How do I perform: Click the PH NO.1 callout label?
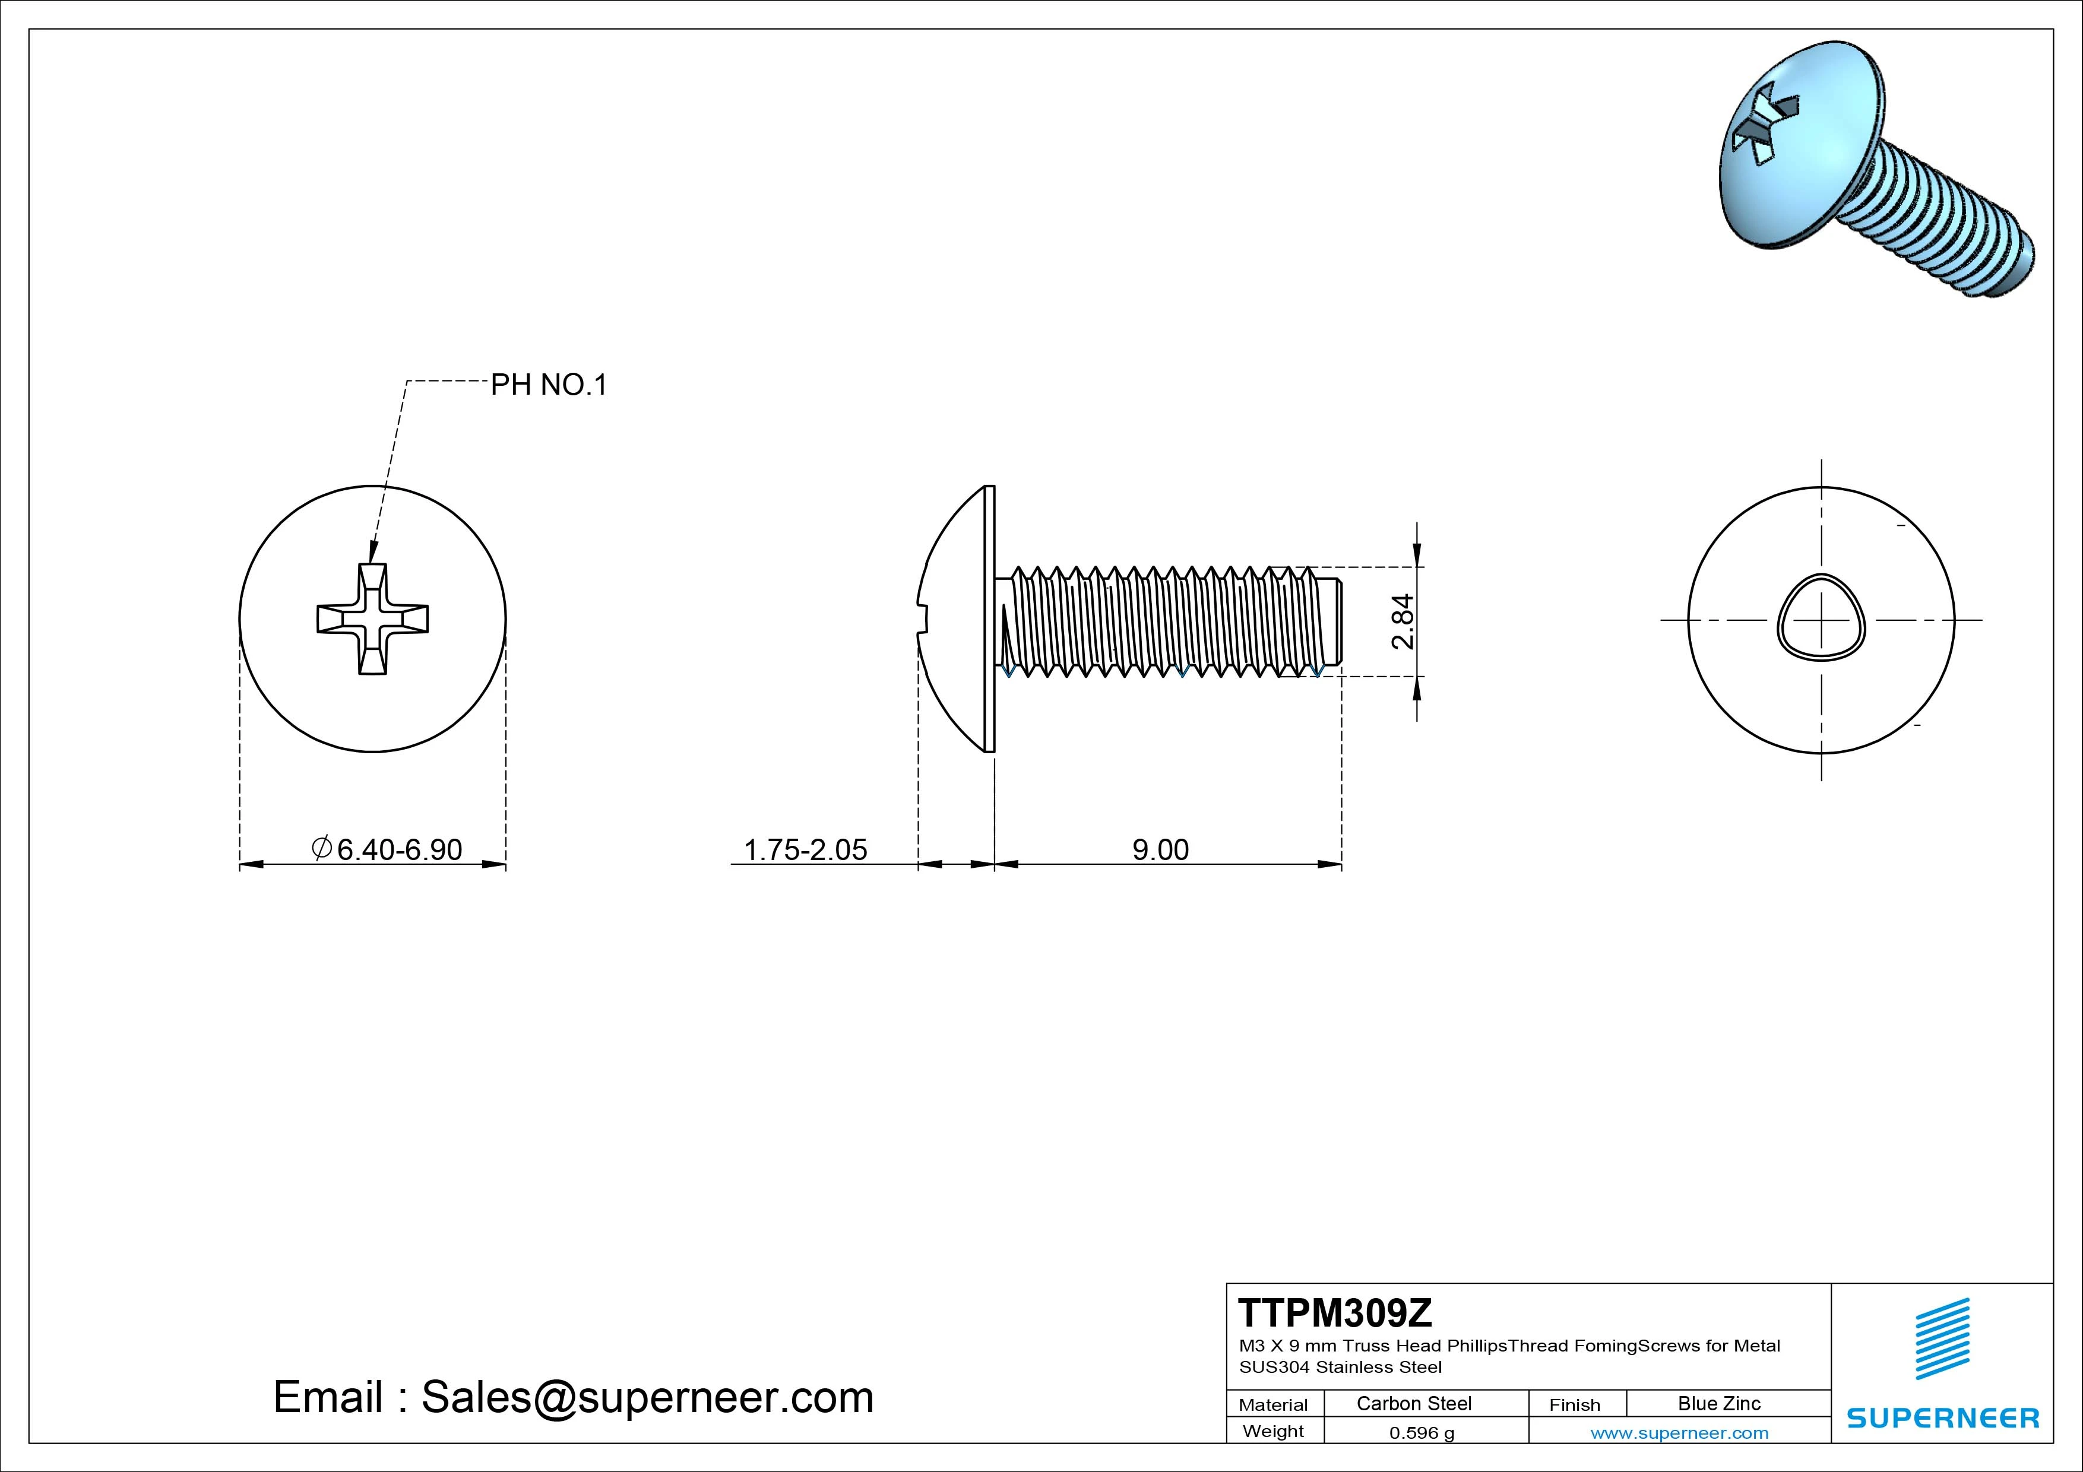[x=548, y=385]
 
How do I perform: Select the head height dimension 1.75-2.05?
[x=805, y=850]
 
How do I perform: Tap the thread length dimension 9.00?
[x=1160, y=850]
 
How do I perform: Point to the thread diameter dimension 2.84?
[x=1403, y=621]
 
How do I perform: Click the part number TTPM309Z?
[x=1335, y=1312]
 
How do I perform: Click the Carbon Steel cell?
[x=1413, y=1403]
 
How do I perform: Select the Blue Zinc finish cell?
[x=1718, y=1403]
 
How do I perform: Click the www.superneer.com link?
[x=1679, y=1433]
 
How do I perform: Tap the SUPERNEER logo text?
[x=1942, y=1417]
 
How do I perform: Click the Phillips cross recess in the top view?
[x=372, y=620]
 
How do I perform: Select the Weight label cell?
[x=1273, y=1431]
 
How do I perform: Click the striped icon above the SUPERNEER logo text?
[x=1942, y=1338]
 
